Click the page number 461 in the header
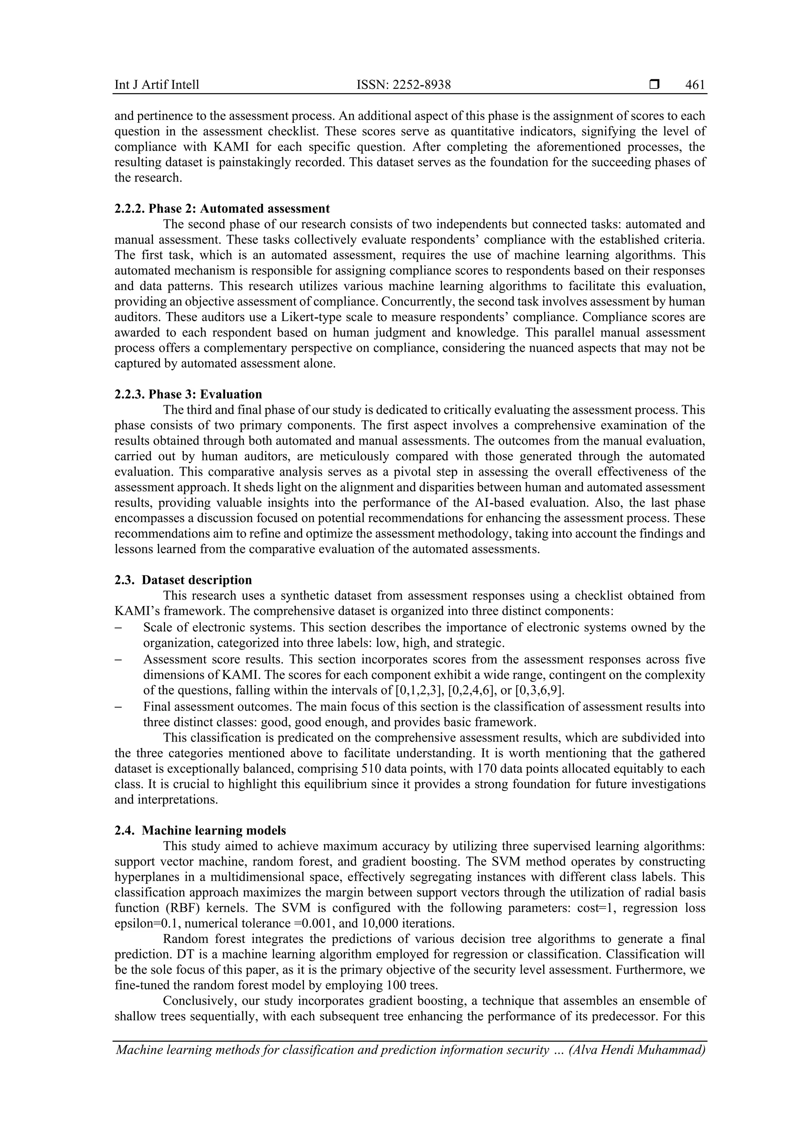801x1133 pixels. click(x=695, y=85)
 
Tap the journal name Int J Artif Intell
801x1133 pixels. click(x=157, y=85)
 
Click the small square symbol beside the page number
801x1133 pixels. click(x=654, y=85)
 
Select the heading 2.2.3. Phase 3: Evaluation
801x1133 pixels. click(x=188, y=394)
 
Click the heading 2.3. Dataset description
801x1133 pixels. click(x=183, y=580)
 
